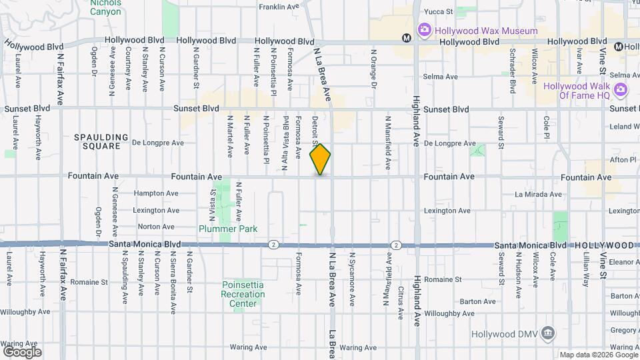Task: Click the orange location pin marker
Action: (321, 159)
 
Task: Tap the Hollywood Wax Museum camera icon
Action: (423, 30)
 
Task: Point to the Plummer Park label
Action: (227, 229)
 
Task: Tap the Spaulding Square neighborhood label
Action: (101, 141)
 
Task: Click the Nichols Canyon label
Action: (105, 7)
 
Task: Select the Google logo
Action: (21, 351)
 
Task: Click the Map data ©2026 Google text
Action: (597, 355)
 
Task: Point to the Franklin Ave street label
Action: (279, 7)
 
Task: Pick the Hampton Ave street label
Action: (156, 193)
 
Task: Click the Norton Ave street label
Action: (156, 227)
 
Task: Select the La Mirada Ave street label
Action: (538, 195)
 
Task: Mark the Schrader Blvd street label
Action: (513, 70)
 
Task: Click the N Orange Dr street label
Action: (374, 69)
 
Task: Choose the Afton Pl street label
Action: (623, 160)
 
